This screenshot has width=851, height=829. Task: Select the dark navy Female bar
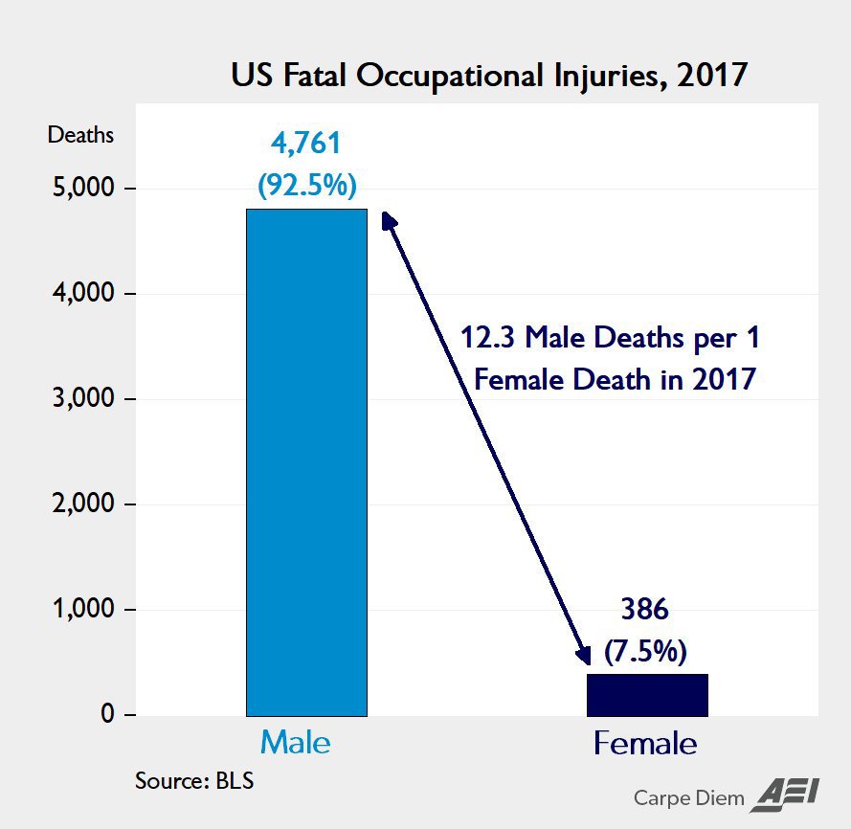[646, 694]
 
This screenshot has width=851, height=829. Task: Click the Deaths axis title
[80, 135]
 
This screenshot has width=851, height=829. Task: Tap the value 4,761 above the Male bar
[306, 145]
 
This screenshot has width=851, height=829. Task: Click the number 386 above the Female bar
[646, 612]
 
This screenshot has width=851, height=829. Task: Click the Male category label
[296, 743]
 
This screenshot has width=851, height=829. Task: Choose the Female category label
[645, 743]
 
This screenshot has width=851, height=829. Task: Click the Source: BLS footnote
[194, 780]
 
